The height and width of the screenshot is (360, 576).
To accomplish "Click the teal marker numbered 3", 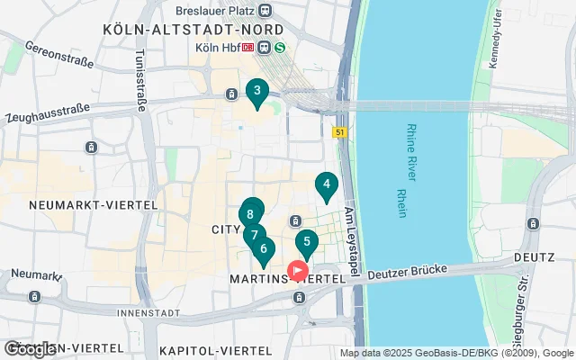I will [x=257, y=91].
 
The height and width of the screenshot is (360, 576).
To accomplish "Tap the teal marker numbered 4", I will [x=326, y=186].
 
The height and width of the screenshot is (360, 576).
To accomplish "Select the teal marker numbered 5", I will [x=307, y=241].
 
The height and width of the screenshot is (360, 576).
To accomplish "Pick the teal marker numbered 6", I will [x=263, y=249].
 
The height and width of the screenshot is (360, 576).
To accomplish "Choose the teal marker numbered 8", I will [x=251, y=213].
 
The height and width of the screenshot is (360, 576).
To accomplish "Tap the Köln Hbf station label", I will [x=219, y=48].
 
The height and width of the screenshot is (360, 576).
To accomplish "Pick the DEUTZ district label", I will [x=533, y=257].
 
